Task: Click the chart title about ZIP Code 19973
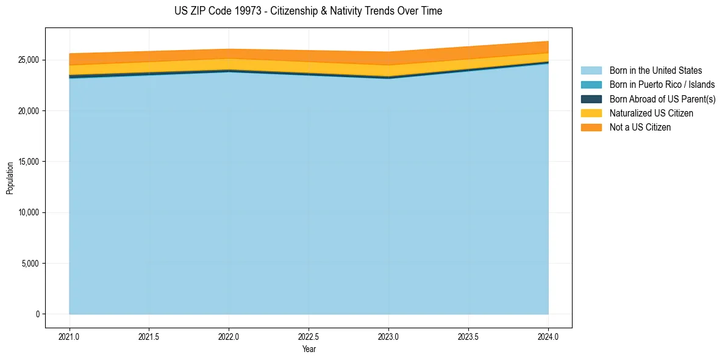pyautogui.click(x=308, y=11)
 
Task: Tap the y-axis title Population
pyautogui.click(x=10, y=178)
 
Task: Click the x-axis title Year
pyautogui.click(x=309, y=349)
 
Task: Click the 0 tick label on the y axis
pyautogui.click(x=38, y=314)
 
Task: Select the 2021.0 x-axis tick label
pyautogui.click(x=70, y=336)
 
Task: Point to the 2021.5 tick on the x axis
pyautogui.click(x=149, y=336)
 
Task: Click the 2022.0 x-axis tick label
pyautogui.click(x=229, y=336)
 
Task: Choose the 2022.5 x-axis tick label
pyautogui.click(x=309, y=336)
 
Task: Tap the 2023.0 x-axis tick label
pyautogui.click(x=388, y=336)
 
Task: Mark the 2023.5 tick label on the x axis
pyautogui.click(x=468, y=336)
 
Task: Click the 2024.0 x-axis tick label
pyautogui.click(x=548, y=336)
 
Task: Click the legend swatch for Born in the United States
pyautogui.click(x=591, y=71)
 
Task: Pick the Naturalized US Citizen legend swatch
pyautogui.click(x=591, y=113)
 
